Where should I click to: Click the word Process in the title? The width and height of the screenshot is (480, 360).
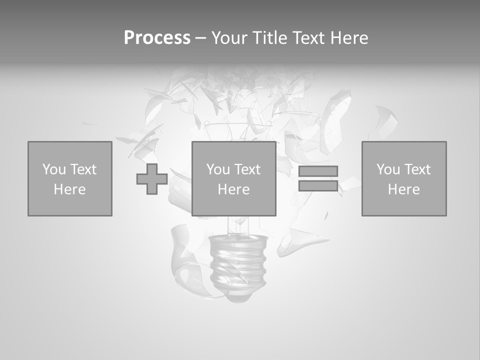pos(157,38)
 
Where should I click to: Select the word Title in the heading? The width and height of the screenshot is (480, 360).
pos(269,38)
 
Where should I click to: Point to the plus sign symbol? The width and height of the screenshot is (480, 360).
pos(152,179)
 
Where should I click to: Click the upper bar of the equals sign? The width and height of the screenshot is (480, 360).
pos(318,171)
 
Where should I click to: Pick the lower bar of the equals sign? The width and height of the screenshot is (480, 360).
pos(318,185)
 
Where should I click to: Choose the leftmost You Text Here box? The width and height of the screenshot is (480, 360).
pos(70,178)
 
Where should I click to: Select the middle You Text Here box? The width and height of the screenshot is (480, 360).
pos(234,178)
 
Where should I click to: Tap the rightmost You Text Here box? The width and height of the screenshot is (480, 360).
pos(404,178)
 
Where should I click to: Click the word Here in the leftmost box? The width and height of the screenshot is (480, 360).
pos(69,189)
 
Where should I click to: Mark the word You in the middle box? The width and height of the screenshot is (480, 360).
pos(218,169)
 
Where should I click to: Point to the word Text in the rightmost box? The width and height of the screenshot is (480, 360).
pos(417,169)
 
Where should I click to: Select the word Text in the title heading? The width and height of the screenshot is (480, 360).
pos(308,38)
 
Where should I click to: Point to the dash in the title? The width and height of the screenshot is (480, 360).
pos(200,38)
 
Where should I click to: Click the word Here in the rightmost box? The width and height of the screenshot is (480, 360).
pos(403,189)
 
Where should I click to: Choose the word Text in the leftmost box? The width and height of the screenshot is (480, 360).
pos(83,169)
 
